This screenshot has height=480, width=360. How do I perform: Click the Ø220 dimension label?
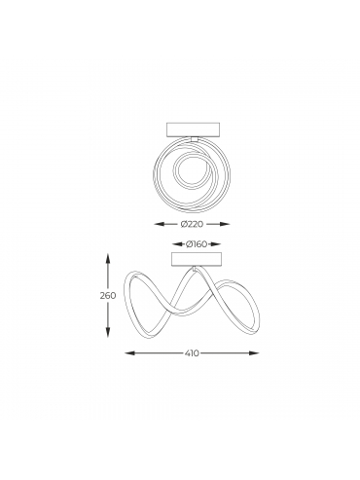[192, 224]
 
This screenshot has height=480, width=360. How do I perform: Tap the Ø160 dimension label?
[197, 244]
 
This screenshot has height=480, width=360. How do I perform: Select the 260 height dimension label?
[107, 296]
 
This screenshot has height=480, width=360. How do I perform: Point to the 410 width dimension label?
[192, 352]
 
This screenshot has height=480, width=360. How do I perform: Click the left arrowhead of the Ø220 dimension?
[159, 224]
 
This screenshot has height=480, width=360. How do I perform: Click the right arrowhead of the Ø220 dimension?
[225, 224]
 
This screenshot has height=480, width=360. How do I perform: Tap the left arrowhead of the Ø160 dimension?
[177, 244]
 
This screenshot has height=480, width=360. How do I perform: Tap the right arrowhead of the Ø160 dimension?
[216, 244]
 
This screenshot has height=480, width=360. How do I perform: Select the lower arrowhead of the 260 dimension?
[108, 332]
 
